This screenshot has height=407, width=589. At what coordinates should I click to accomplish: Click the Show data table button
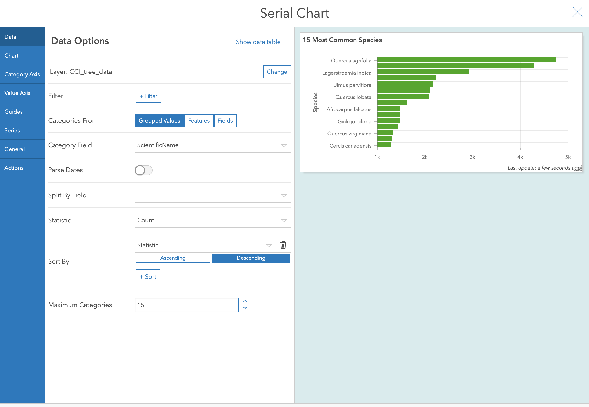258,42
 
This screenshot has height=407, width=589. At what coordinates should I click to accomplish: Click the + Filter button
148,96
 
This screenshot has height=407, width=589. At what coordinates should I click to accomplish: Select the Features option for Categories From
199,121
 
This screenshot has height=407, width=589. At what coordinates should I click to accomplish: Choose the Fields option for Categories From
225,121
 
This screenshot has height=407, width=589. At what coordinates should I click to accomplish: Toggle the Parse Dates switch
144,170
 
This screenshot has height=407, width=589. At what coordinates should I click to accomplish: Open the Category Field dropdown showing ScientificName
212,145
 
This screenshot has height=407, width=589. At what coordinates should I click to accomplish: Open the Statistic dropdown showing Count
212,220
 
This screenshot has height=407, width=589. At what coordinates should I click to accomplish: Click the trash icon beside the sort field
283,245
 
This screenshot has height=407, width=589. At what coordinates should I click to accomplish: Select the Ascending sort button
173,258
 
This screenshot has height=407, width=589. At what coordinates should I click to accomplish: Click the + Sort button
148,277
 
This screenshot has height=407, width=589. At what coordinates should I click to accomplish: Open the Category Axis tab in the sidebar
22,74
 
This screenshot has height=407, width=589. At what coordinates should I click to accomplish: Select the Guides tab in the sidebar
22,112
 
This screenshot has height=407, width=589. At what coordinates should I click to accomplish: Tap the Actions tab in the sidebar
22,168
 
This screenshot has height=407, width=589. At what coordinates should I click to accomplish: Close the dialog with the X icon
577,12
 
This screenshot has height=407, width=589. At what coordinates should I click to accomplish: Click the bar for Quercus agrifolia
466,60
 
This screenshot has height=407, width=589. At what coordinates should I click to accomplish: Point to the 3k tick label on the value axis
472,157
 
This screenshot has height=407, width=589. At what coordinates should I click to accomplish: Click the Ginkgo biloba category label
354,122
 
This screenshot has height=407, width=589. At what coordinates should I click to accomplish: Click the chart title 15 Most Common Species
342,40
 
